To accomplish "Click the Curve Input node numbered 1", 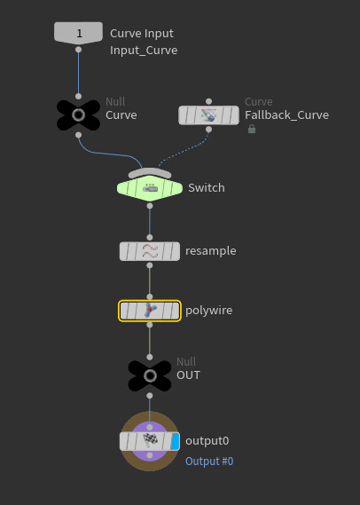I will pyautogui.click(x=78, y=33).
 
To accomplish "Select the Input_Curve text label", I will pyautogui.click(x=144, y=51).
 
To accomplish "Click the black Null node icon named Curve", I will pyautogui.click(x=78, y=115).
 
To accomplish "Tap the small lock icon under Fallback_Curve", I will pyautogui.click(x=252, y=129).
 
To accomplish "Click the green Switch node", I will pyautogui.click(x=149, y=188).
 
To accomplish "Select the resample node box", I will pyautogui.click(x=149, y=251).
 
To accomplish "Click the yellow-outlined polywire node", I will pyautogui.click(x=149, y=311).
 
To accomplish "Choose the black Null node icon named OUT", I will pyautogui.click(x=149, y=375).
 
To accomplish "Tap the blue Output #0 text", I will pyautogui.click(x=209, y=462).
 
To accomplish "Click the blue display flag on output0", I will pyautogui.click(x=176, y=440).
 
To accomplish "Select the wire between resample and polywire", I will pyautogui.click(x=149, y=280).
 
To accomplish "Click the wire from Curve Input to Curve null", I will pyautogui.click(x=78, y=71).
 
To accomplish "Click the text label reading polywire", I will pyautogui.click(x=208, y=311).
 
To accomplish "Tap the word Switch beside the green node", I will pyautogui.click(x=206, y=188).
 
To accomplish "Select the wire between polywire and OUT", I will pyautogui.click(x=149, y=342).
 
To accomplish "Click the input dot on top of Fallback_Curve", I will pyautogui.click(x=208, y=101).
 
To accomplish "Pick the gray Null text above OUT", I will pyautogui.click(x=186, y=361).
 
